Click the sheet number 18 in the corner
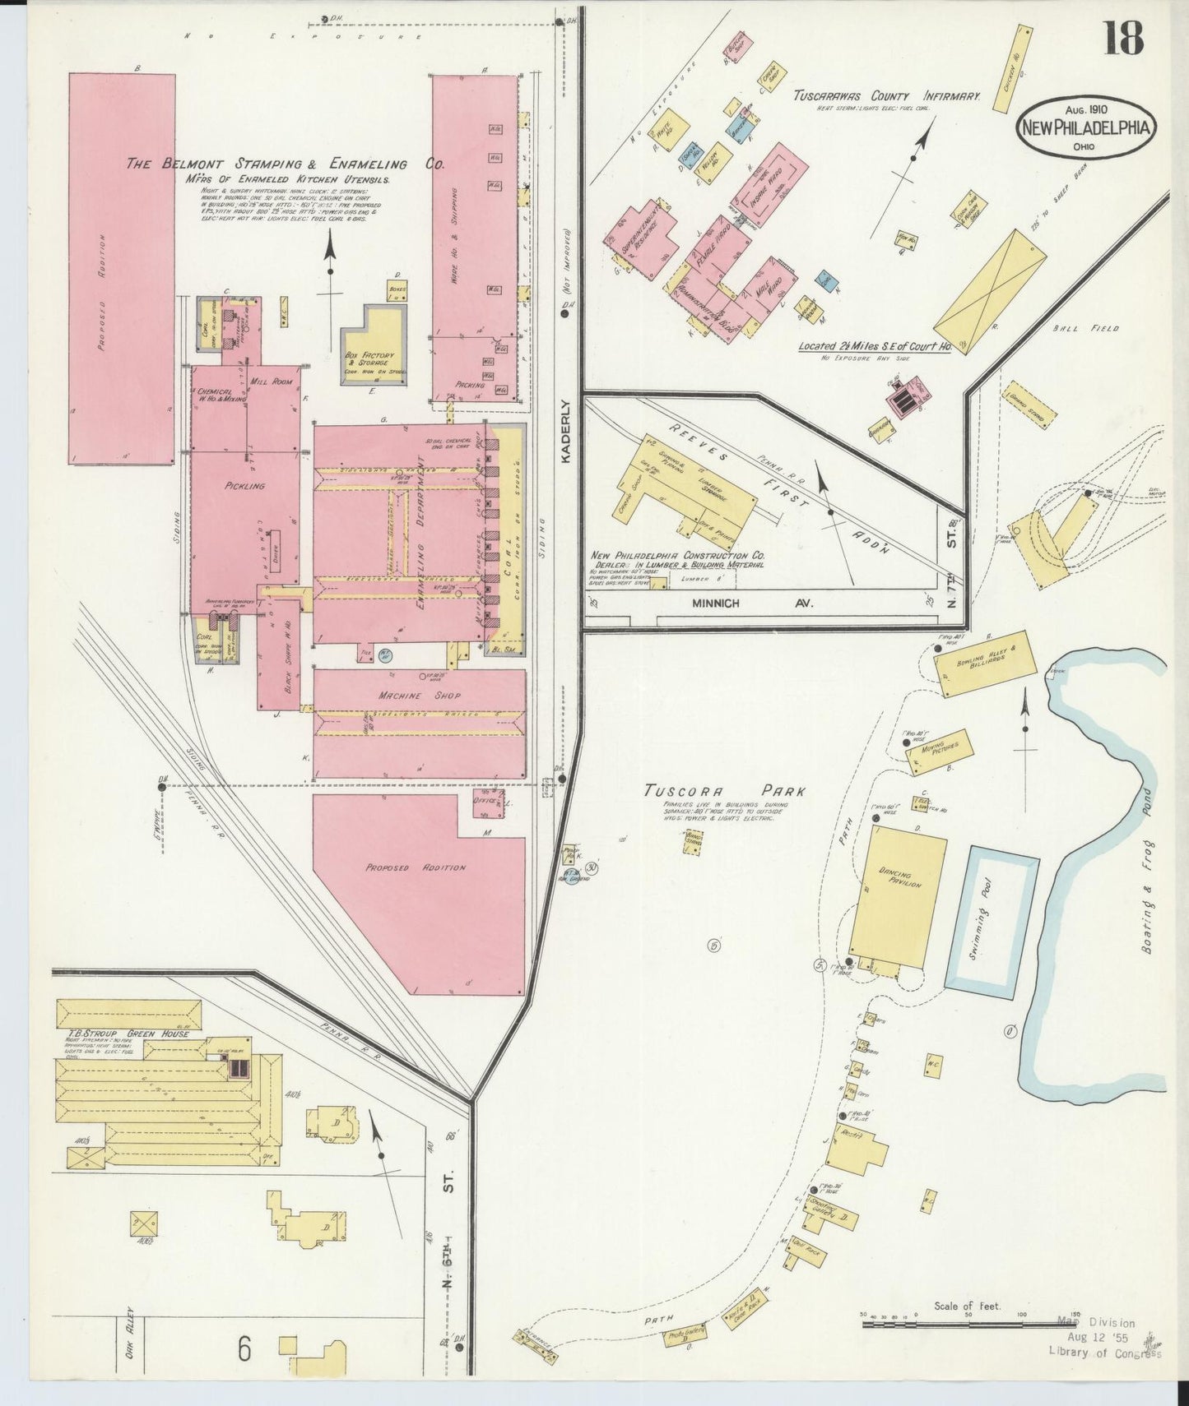(x=1123, y=38)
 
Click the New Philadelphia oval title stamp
(x=1086, y=127)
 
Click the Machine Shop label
(x=420, y=696)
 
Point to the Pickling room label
(x=244, y=486)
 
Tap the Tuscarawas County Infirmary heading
(x=886, y=96)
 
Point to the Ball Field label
(x=1097, y=328)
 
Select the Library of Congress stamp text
(x=1104, y=1354)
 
